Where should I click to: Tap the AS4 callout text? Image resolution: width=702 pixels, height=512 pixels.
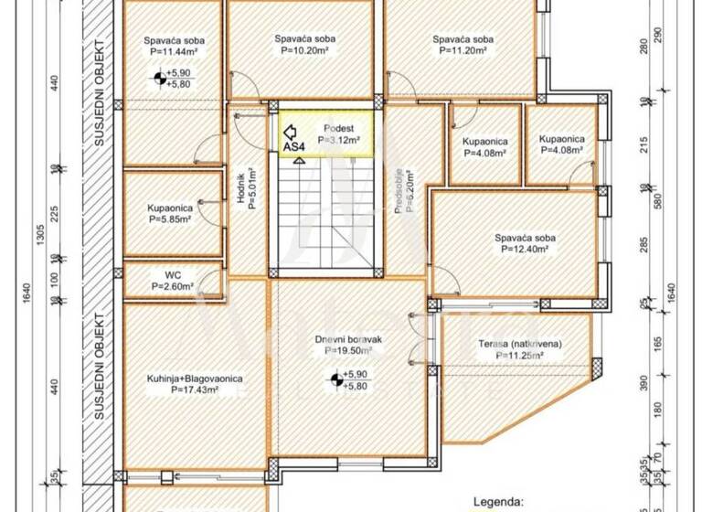pyautogui.click(x=294, y=146)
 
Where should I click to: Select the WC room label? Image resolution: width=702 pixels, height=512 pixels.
pyautogui.click(x=172, y=274)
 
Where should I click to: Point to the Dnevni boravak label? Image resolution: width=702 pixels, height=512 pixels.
pyautogui.click(x=348, y=339)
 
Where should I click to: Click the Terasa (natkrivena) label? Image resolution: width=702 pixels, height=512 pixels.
pyautogui.click(x=519, y=343)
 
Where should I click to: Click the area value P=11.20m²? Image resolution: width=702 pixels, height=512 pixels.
pyautogui.click(x=463, y=52)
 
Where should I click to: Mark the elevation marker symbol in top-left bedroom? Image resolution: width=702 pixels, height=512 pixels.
pyautogui.click(x=161, y=78)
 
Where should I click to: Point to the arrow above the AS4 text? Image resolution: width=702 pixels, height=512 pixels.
pyautogui.click(x=291, y=131)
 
